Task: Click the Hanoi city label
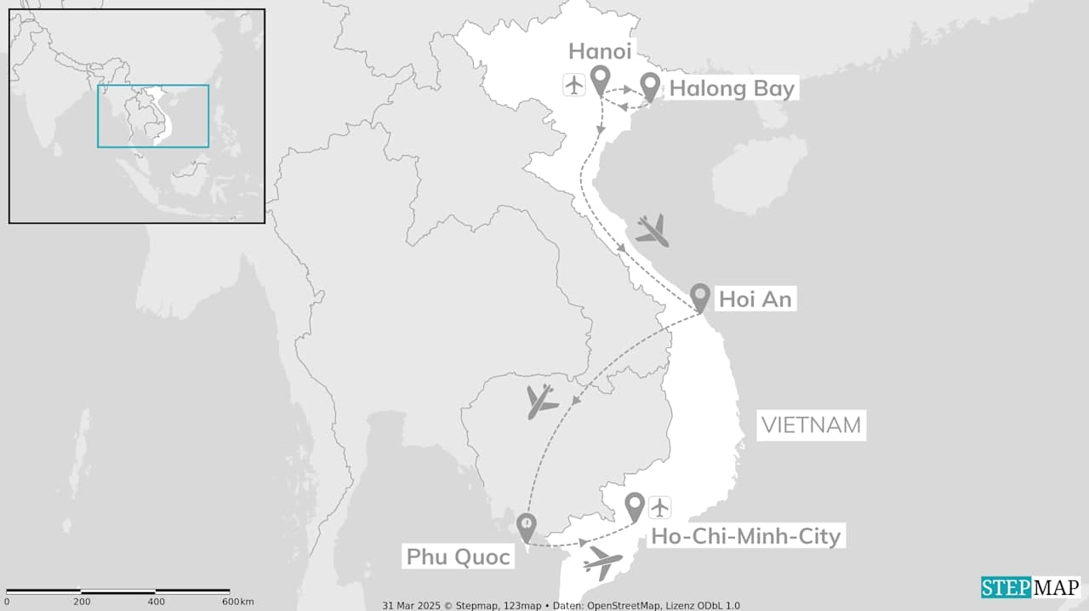(x=600, y=51)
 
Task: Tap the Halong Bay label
(x=732, y=89)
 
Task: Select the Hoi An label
(x=755, y=299)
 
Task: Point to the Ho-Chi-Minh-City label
(x=745, y=536)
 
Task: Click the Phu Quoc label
(x=458, y=557)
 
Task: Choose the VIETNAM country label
(x=811, y=425)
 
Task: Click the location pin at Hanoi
(x=600, y=80)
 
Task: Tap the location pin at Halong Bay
(x=651, y=85)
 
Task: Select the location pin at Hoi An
(x=699, y=296)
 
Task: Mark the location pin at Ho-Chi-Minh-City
(x=634, y=505)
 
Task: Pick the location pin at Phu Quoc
(x=527, y=526)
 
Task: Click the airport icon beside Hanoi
(x=574, y=85)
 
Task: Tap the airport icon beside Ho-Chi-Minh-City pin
(x=659, y=508)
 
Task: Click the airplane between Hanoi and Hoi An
(x=653, y=230)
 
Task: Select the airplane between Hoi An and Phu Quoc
(x=541, y=401)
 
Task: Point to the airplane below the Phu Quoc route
(x=602, y=562)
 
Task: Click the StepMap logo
(x=1030, y=587)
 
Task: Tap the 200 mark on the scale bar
(x=82, y=602)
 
